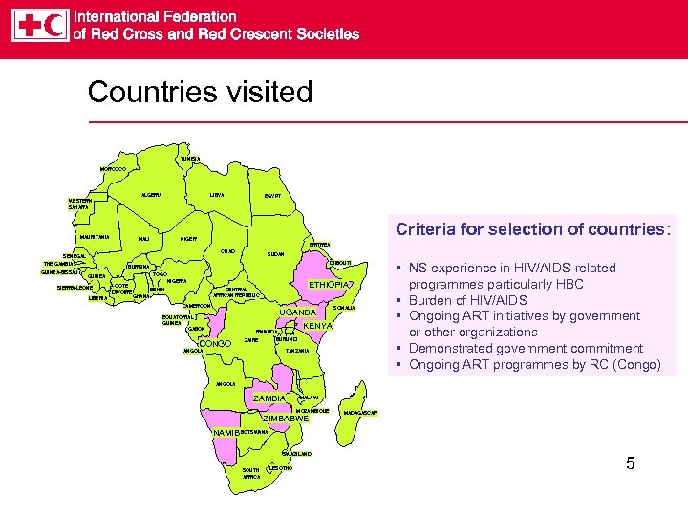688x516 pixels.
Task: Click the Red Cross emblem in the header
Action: (x=26, y=25)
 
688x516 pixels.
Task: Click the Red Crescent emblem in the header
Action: (x=54, y=25)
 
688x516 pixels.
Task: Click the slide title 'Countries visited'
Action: (x=200, y=92)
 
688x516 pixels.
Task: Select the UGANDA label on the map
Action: (x=297, y=312)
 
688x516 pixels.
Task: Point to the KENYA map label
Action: (x=317, y=326)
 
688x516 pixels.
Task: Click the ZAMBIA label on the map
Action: (x=269, y=398)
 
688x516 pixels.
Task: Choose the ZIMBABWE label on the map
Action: (x=287, y=419)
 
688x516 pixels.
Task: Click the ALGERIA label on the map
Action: (x=151, y=195)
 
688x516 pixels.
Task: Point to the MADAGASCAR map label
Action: (x=360, y=413)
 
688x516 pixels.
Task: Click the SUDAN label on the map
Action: (x=275, y=256)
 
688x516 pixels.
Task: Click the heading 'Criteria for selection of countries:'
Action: (x=533, y=229)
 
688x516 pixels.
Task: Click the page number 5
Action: (x=630, y=464)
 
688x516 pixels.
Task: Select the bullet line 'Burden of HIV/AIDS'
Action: (x=469, y=300)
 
